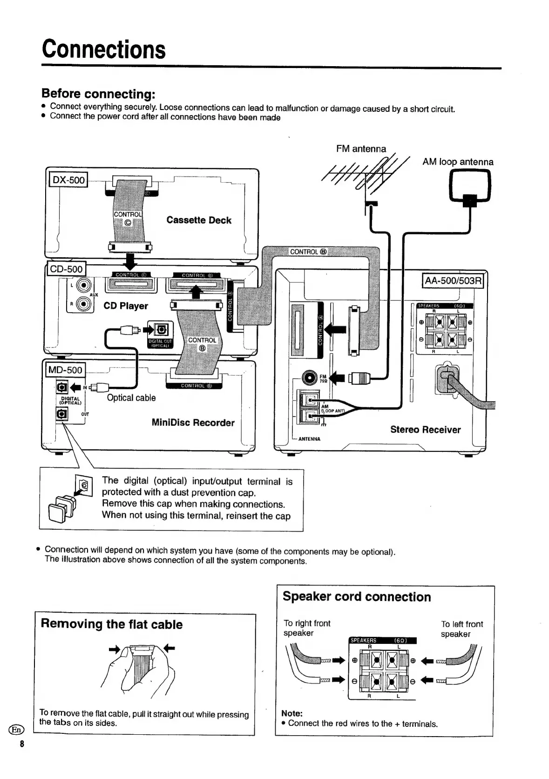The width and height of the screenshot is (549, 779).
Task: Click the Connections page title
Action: [x=103, y=49]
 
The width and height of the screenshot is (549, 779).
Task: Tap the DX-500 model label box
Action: [x=69, y=180]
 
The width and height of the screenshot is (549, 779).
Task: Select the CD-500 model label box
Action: [x=67, y=269]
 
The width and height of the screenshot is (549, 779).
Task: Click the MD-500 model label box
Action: [x=64, y=370]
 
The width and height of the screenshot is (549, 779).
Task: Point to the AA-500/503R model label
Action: [x=453, y=280]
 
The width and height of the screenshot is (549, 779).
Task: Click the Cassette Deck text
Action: [x=199, y=220]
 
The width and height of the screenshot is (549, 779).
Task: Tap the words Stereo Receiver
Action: [x=425, y=430]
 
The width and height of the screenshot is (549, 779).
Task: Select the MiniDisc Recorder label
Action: [x=193, y=423]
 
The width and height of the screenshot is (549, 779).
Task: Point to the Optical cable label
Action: [x=131, y=398]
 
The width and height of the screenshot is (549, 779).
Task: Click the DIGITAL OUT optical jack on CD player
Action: [x=161, y=330]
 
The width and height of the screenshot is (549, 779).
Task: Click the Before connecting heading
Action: [x=98, y=94]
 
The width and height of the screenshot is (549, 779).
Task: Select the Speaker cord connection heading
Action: [x=357, y=597]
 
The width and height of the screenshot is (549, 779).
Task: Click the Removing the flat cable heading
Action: [x=112, y=624]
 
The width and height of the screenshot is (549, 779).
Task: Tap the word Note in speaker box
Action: [x=292, y=713]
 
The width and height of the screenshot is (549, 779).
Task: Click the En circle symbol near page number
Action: [x=16, y=730]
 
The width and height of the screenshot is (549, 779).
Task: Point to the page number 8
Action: [x=21, y=744]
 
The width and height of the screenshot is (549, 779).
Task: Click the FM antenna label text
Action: [x=361, y=149]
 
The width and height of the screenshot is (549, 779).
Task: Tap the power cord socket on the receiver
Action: [x=447, y=378]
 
